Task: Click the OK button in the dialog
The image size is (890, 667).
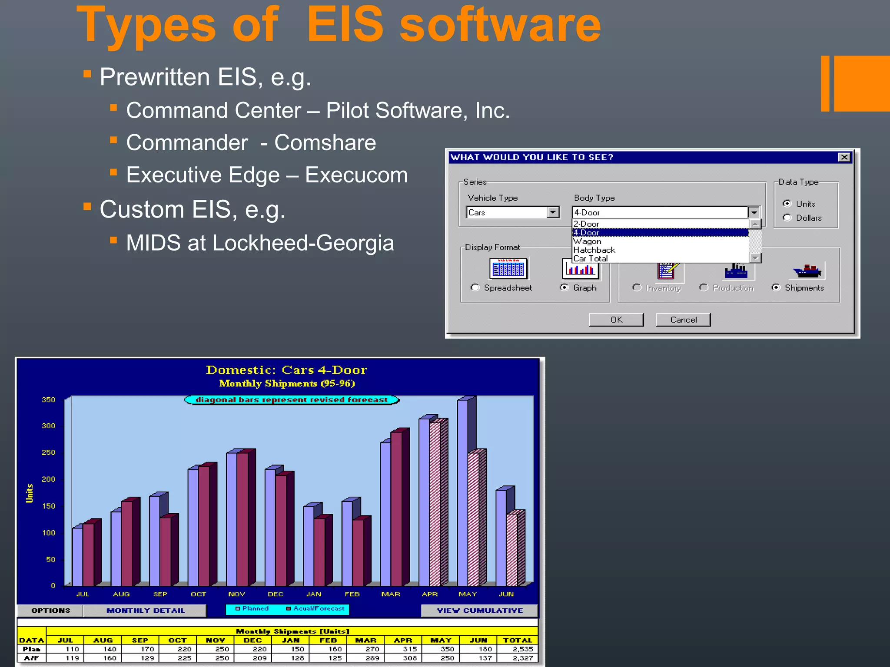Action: pyautogui.click(x=616, y=320)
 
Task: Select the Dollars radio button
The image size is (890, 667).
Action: pyautogui.click(x=787, y=218)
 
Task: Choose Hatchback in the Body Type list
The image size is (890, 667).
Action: pyautogui.click(x=594, y=250)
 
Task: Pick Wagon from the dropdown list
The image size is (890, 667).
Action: pyautogui.click(x=587, y=241)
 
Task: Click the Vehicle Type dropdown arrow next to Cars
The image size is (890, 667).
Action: pyautogui.click(x=553, y=212)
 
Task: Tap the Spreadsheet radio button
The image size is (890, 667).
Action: pyautogui.click(x=475, y=287)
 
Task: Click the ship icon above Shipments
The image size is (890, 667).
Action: pyautogui.click(x=807, y=271)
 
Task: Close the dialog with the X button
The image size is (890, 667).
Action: pyautogui.click(x=844, y=157)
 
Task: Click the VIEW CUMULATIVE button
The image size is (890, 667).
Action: pyautogui.click(x=479, y=611)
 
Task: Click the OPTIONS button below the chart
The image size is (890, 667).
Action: pyautogui.click(x=50, y=611)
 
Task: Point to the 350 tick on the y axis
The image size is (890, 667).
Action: pyautogui.click(x=48, y=400)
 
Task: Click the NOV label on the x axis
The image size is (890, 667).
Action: pyautogui.click(x=237, y=594)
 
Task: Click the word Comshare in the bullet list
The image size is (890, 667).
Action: pyautogui.click(x=325, y=142)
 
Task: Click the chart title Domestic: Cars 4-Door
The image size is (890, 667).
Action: pyautogui.click(x=286, y=370)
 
